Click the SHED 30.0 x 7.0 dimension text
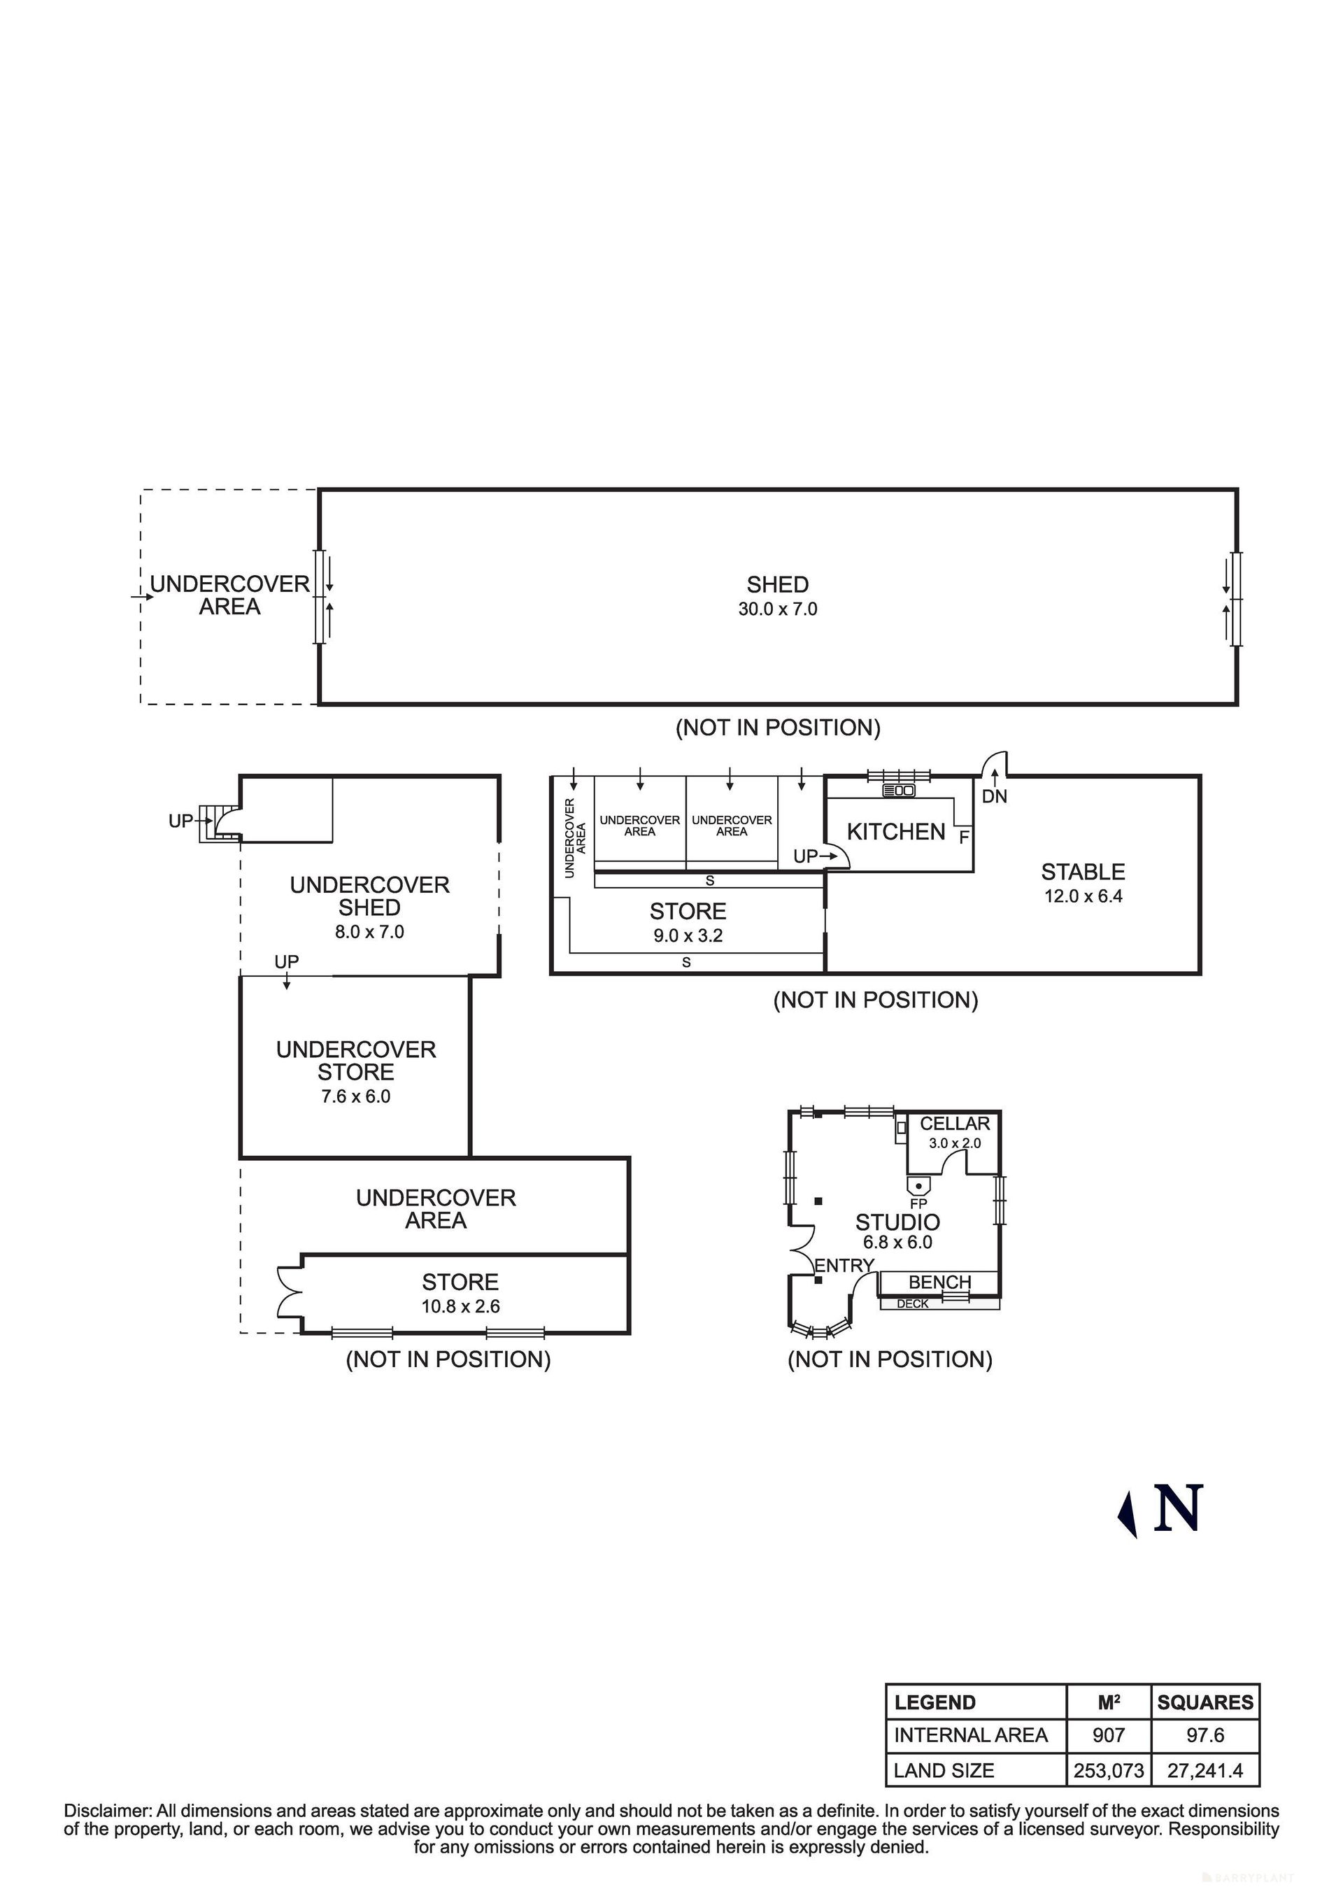click(778, 609)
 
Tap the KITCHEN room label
click(896, 831)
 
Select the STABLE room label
click(1083, 872)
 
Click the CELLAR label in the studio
click(955, 1124)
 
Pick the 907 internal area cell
click(1109, 1734)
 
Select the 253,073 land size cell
click(1109, 1771)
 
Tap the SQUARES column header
click(1206, 1702)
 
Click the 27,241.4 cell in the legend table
click(1206, 1771)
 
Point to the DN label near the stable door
click(995, 796)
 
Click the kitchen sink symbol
click(900, 791)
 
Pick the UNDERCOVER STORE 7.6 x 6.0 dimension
click(356, 1096)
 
